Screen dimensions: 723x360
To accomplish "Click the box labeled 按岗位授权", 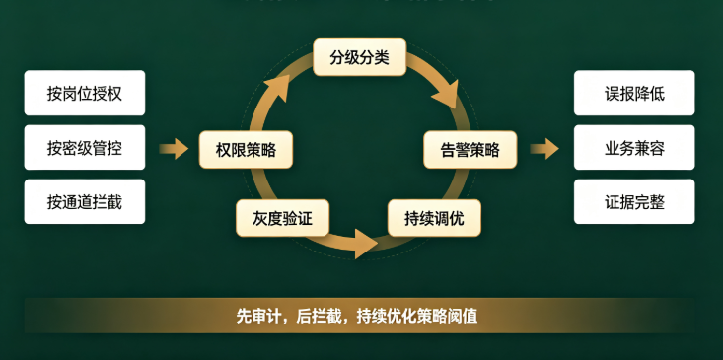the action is click(85, 93).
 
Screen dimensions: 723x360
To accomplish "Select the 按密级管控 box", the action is click(85, 148).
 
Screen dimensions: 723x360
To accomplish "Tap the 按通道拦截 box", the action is click(85, 201).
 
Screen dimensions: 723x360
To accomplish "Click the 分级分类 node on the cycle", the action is click(360, 57).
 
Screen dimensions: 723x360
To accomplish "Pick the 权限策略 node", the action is click(246, 149).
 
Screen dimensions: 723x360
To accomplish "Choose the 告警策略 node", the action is click(470, 149).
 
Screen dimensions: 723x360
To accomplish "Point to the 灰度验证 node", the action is click(282, 218).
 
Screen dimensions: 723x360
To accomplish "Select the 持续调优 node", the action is click(434, 218).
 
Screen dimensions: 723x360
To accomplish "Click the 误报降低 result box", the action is click(634, 93).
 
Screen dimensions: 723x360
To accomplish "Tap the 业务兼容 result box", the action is click(634, 148).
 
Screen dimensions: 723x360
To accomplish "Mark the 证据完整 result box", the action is click(634, 201).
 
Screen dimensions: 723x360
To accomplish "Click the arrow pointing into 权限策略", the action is click(174, 148).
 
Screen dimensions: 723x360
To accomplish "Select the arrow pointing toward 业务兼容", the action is click(544, 148).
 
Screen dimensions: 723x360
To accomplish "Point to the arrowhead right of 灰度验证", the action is click(366, 244).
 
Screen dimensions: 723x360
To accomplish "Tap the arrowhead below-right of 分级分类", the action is click(447, 95).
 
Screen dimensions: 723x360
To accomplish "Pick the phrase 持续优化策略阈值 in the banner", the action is click(417, 317).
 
